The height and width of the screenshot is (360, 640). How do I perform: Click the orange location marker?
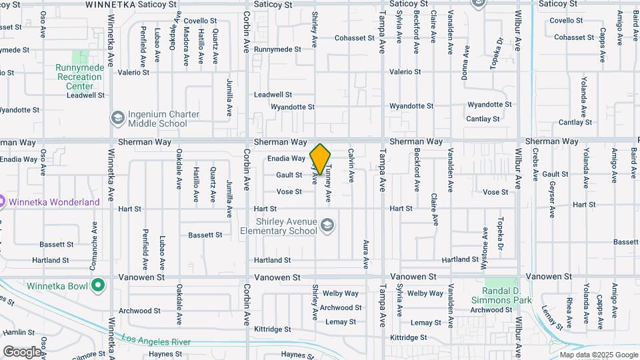pos(320,159)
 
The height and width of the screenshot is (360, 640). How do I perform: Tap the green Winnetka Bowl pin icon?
pos(98,287)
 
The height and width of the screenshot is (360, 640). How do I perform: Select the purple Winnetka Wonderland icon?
pos(2,201)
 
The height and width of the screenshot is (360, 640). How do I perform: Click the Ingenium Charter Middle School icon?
pos(117,119)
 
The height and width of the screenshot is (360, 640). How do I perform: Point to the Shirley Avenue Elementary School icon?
pos(327,226)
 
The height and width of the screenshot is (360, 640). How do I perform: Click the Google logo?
pos(21,351)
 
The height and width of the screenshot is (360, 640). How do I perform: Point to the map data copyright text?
pos(599,355)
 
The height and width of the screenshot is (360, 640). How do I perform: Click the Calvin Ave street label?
pos(351,165)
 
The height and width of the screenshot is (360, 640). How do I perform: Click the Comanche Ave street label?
pos(95,239)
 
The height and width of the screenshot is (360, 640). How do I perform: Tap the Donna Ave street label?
pos(465,63)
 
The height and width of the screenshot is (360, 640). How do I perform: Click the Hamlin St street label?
pos(18,332)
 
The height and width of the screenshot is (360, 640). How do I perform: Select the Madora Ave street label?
pos(186,47)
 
